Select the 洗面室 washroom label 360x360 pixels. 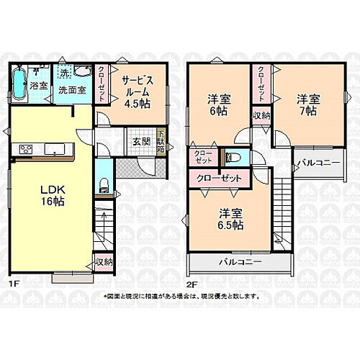(x=72, y=91)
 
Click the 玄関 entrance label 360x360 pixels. (x=141, y=141)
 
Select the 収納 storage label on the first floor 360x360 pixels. (x=104, y=263)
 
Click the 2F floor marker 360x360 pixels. (x=192, y=284)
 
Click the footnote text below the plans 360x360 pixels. (x=179, y=297)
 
